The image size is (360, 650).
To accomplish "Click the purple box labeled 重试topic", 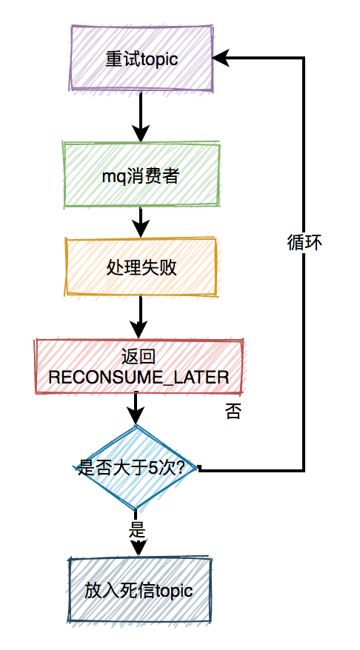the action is click(141, 58).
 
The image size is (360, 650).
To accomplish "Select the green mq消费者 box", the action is click(141, 175).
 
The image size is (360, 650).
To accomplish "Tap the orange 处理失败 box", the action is click(141, 267).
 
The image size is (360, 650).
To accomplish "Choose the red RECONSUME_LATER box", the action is click(139, 366).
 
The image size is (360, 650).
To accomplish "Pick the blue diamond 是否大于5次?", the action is click(136, 468).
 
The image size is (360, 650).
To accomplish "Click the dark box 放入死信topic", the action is click(139, 590).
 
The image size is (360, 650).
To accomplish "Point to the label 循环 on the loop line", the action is click(304, 243).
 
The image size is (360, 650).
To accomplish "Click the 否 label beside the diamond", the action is click(233, 412).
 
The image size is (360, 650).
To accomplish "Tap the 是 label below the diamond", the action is click(137, 529).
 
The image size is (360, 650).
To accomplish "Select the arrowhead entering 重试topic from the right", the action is click(220, 58).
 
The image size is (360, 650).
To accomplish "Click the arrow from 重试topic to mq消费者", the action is click(141, 117).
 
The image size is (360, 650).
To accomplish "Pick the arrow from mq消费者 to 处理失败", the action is click(141, 223).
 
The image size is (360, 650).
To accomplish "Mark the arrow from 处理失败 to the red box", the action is click(140, 318).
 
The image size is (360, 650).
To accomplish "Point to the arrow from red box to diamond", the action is click(136, 409).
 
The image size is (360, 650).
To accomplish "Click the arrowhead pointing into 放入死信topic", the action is click(138, 549).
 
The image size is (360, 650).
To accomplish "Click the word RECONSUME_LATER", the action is click(139, 378).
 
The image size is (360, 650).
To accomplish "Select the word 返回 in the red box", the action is click(139, 356).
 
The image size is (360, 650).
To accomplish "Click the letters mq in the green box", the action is click(111, 177).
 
